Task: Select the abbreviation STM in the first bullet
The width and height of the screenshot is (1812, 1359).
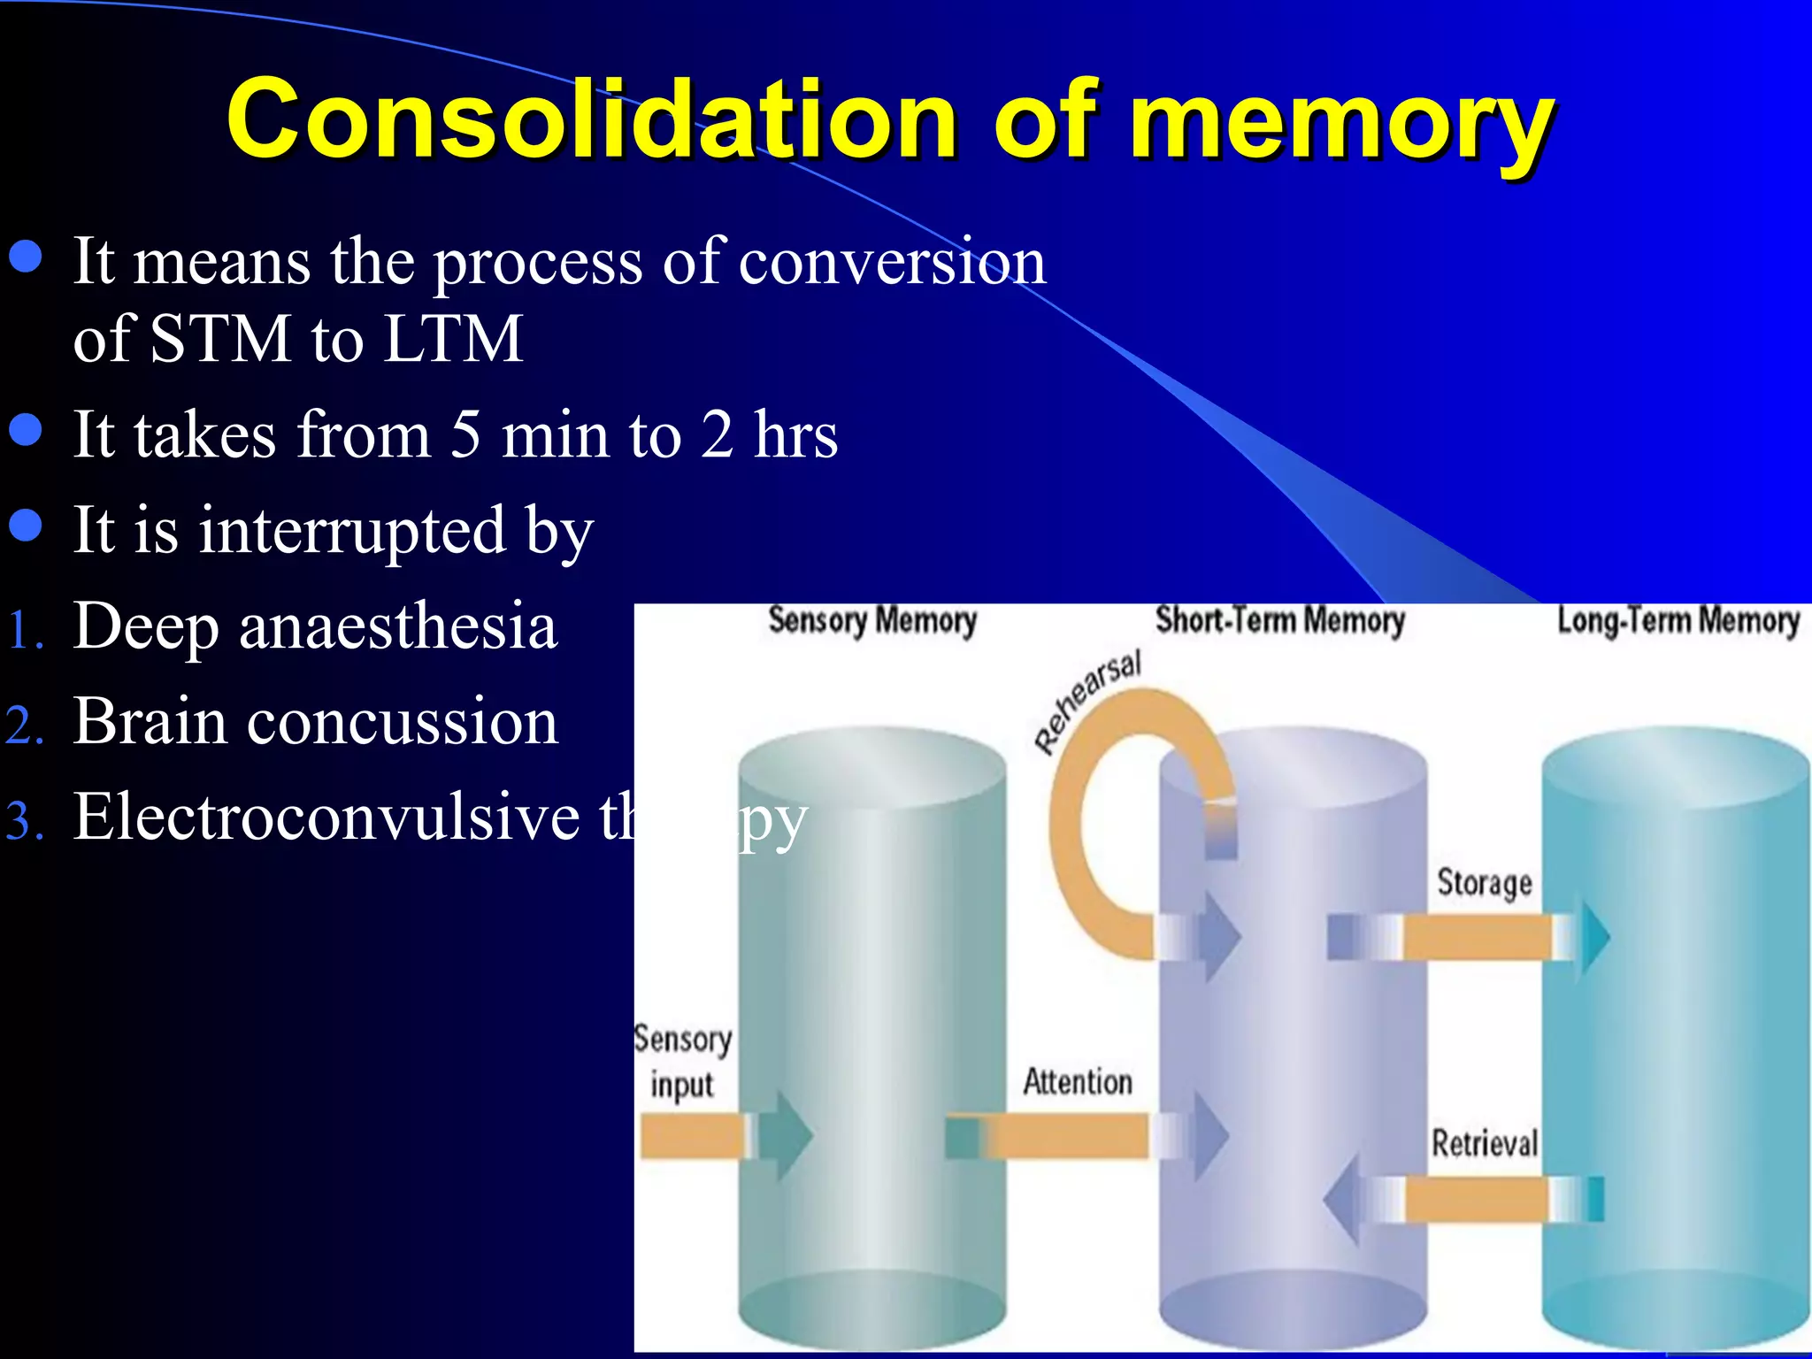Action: (220, 339)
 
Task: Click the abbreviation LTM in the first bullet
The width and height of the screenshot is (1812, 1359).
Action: (453, 339)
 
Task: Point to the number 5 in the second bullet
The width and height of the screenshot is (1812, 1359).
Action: (465, 434)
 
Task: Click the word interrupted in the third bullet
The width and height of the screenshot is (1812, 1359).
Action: (351, 530)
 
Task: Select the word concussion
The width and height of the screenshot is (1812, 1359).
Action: (403, 722)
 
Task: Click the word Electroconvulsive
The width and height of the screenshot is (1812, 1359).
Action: (326, 817)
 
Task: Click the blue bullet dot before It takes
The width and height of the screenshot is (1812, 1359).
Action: (26, 429)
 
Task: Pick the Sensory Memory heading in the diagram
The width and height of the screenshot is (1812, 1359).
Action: (871, 621)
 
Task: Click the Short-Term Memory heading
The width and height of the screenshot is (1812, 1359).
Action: (1279, 621)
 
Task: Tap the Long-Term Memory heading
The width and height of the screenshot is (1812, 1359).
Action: (1678, 621)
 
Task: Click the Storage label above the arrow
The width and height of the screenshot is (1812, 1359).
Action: (1484, 883)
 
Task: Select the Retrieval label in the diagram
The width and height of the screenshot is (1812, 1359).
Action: (1484, 1143)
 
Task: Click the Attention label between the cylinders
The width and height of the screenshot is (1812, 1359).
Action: (1077, 1082)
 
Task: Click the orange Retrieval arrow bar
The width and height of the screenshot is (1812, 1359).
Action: (1476, 1200)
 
